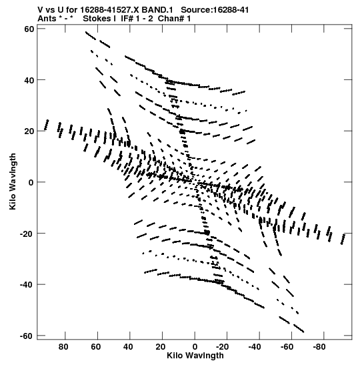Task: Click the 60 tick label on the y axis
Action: point(29,29)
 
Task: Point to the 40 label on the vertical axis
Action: point(29,80)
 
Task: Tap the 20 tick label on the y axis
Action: point(29,131)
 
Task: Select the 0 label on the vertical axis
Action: point(31,183)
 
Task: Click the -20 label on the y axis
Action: point(27,234)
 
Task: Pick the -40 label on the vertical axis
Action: point(27,285)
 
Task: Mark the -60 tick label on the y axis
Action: point(27,336)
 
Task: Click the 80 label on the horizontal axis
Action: point(63,347)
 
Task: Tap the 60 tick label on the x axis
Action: point(96,347)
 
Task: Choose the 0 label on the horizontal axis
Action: point(195,347)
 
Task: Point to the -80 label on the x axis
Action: point(319,347)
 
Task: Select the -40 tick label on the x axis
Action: point(255,347)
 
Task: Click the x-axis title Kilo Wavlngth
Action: point(195,356)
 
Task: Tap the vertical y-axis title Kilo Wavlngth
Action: point(13,181)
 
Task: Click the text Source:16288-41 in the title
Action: point(215,10)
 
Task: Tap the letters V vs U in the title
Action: point(51,10)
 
